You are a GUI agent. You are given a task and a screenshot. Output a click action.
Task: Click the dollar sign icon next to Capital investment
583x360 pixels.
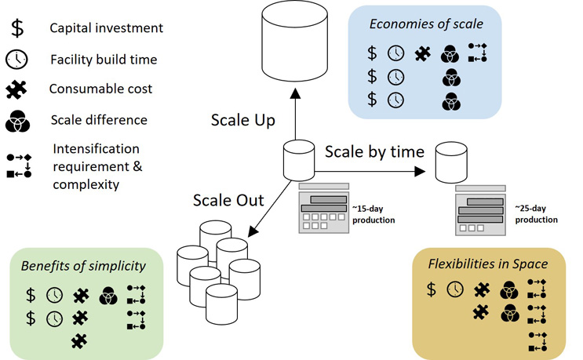(17, 29)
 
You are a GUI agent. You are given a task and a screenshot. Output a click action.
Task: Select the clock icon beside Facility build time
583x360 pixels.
(17, 60)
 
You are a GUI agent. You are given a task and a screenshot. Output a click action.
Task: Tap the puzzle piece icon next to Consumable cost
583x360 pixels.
(17, 90)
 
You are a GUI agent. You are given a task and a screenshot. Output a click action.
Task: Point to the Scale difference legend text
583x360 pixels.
(98, 121)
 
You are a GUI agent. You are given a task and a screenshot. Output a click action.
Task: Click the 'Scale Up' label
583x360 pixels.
(242, 121)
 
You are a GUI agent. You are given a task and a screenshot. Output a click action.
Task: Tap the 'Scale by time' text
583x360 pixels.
(374, 151)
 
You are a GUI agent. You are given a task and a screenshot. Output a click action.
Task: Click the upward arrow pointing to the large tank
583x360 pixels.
(295, 114)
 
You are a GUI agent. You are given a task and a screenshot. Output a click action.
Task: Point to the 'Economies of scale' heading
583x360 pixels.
(426, 23)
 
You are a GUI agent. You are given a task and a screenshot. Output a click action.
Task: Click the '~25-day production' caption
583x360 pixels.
(536, 214)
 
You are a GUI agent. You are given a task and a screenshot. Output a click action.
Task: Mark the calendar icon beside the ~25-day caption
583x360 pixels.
(480, 211)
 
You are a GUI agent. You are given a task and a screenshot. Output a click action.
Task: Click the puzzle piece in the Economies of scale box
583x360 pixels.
(423, 53)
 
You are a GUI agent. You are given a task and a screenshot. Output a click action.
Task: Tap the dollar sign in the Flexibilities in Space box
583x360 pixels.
(431, 289)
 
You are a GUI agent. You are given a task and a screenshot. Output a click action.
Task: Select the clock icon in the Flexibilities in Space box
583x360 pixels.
(454, 289)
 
